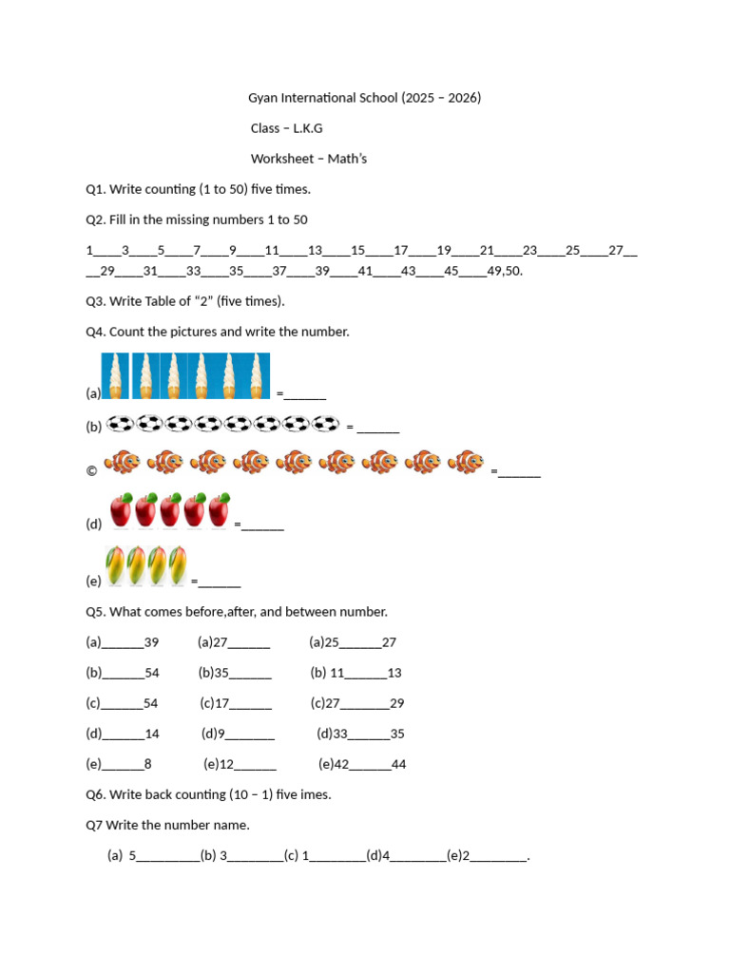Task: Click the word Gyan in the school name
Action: click(263, 98)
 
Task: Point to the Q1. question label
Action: click(95, 189)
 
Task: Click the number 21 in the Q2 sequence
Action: click(487, 251)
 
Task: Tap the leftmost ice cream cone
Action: click(115, 375)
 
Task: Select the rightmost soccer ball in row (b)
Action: click(326, 424)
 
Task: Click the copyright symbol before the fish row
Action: click(91, 470)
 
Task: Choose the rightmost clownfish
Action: click(466, 463)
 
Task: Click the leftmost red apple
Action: click(121, 509)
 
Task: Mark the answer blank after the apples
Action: click(262, 525)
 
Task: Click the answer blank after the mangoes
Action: click(220, 582)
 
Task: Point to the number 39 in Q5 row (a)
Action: click(151, 642)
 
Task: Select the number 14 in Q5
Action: click(152, 734)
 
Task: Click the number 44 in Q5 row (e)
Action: click(398, 764)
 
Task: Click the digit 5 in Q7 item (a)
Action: click(133, 855)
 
